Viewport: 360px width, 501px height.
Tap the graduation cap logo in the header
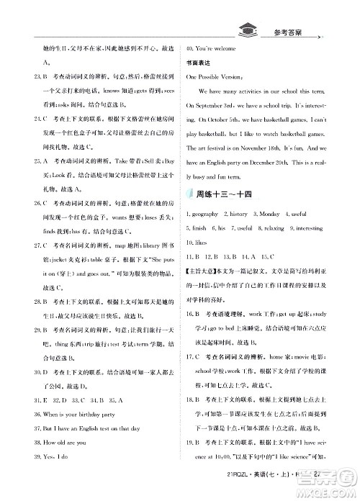[x=247, y=30]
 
